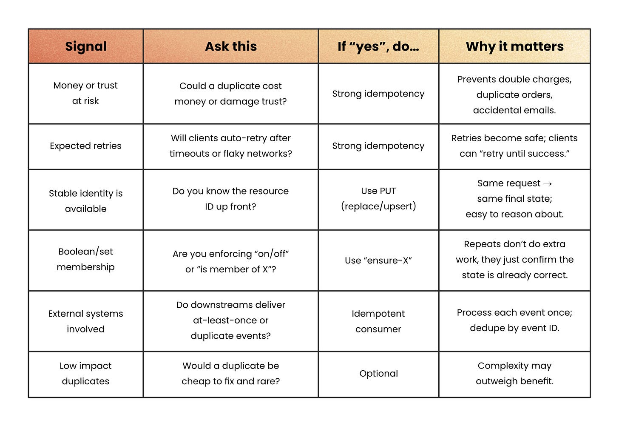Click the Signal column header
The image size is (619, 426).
[x=85, y=46]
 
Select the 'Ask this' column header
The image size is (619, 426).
[x=231, y=46]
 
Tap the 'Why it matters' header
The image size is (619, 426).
[x=514, y=46]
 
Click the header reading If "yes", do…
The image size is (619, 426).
[x=378, y=46]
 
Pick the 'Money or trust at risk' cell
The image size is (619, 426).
[x=85, y=93]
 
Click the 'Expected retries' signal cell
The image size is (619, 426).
[x=85, y=146]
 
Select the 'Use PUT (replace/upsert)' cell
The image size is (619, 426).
[x=378, y=199]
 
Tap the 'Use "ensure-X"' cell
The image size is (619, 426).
[x=378, y=260]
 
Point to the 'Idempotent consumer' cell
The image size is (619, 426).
[x=378, y=321]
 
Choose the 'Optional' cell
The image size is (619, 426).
[x=378, y=374]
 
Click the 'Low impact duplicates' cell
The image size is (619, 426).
[x=85, y=374]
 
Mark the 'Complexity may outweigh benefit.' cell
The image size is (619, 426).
[x=514, y=374]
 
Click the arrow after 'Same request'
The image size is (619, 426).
[x=548, y=184]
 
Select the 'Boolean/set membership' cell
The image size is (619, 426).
[x=85, y=259]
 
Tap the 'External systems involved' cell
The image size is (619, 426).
[x=85, y=321]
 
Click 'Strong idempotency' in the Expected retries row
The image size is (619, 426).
[x=378, y=146]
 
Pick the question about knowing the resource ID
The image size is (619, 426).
[x=230, y=199]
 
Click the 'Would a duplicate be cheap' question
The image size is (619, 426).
[x=230, y=374]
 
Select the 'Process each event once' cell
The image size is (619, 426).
[x=514, y=320]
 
